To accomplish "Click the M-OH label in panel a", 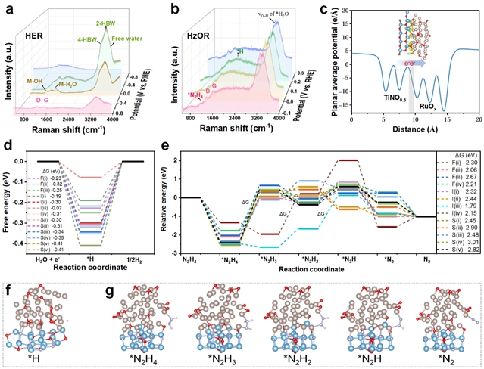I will pos(34,81).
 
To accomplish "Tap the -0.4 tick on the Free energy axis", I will pos(26,245).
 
